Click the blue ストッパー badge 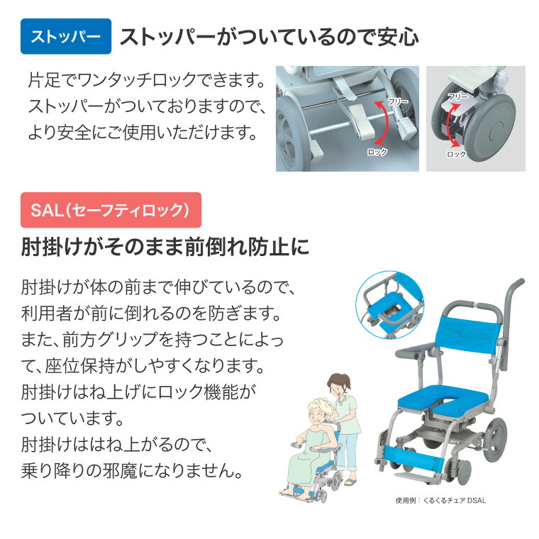click(66, 37)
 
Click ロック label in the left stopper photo click(377, 152)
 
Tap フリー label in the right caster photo click(457, 96)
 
